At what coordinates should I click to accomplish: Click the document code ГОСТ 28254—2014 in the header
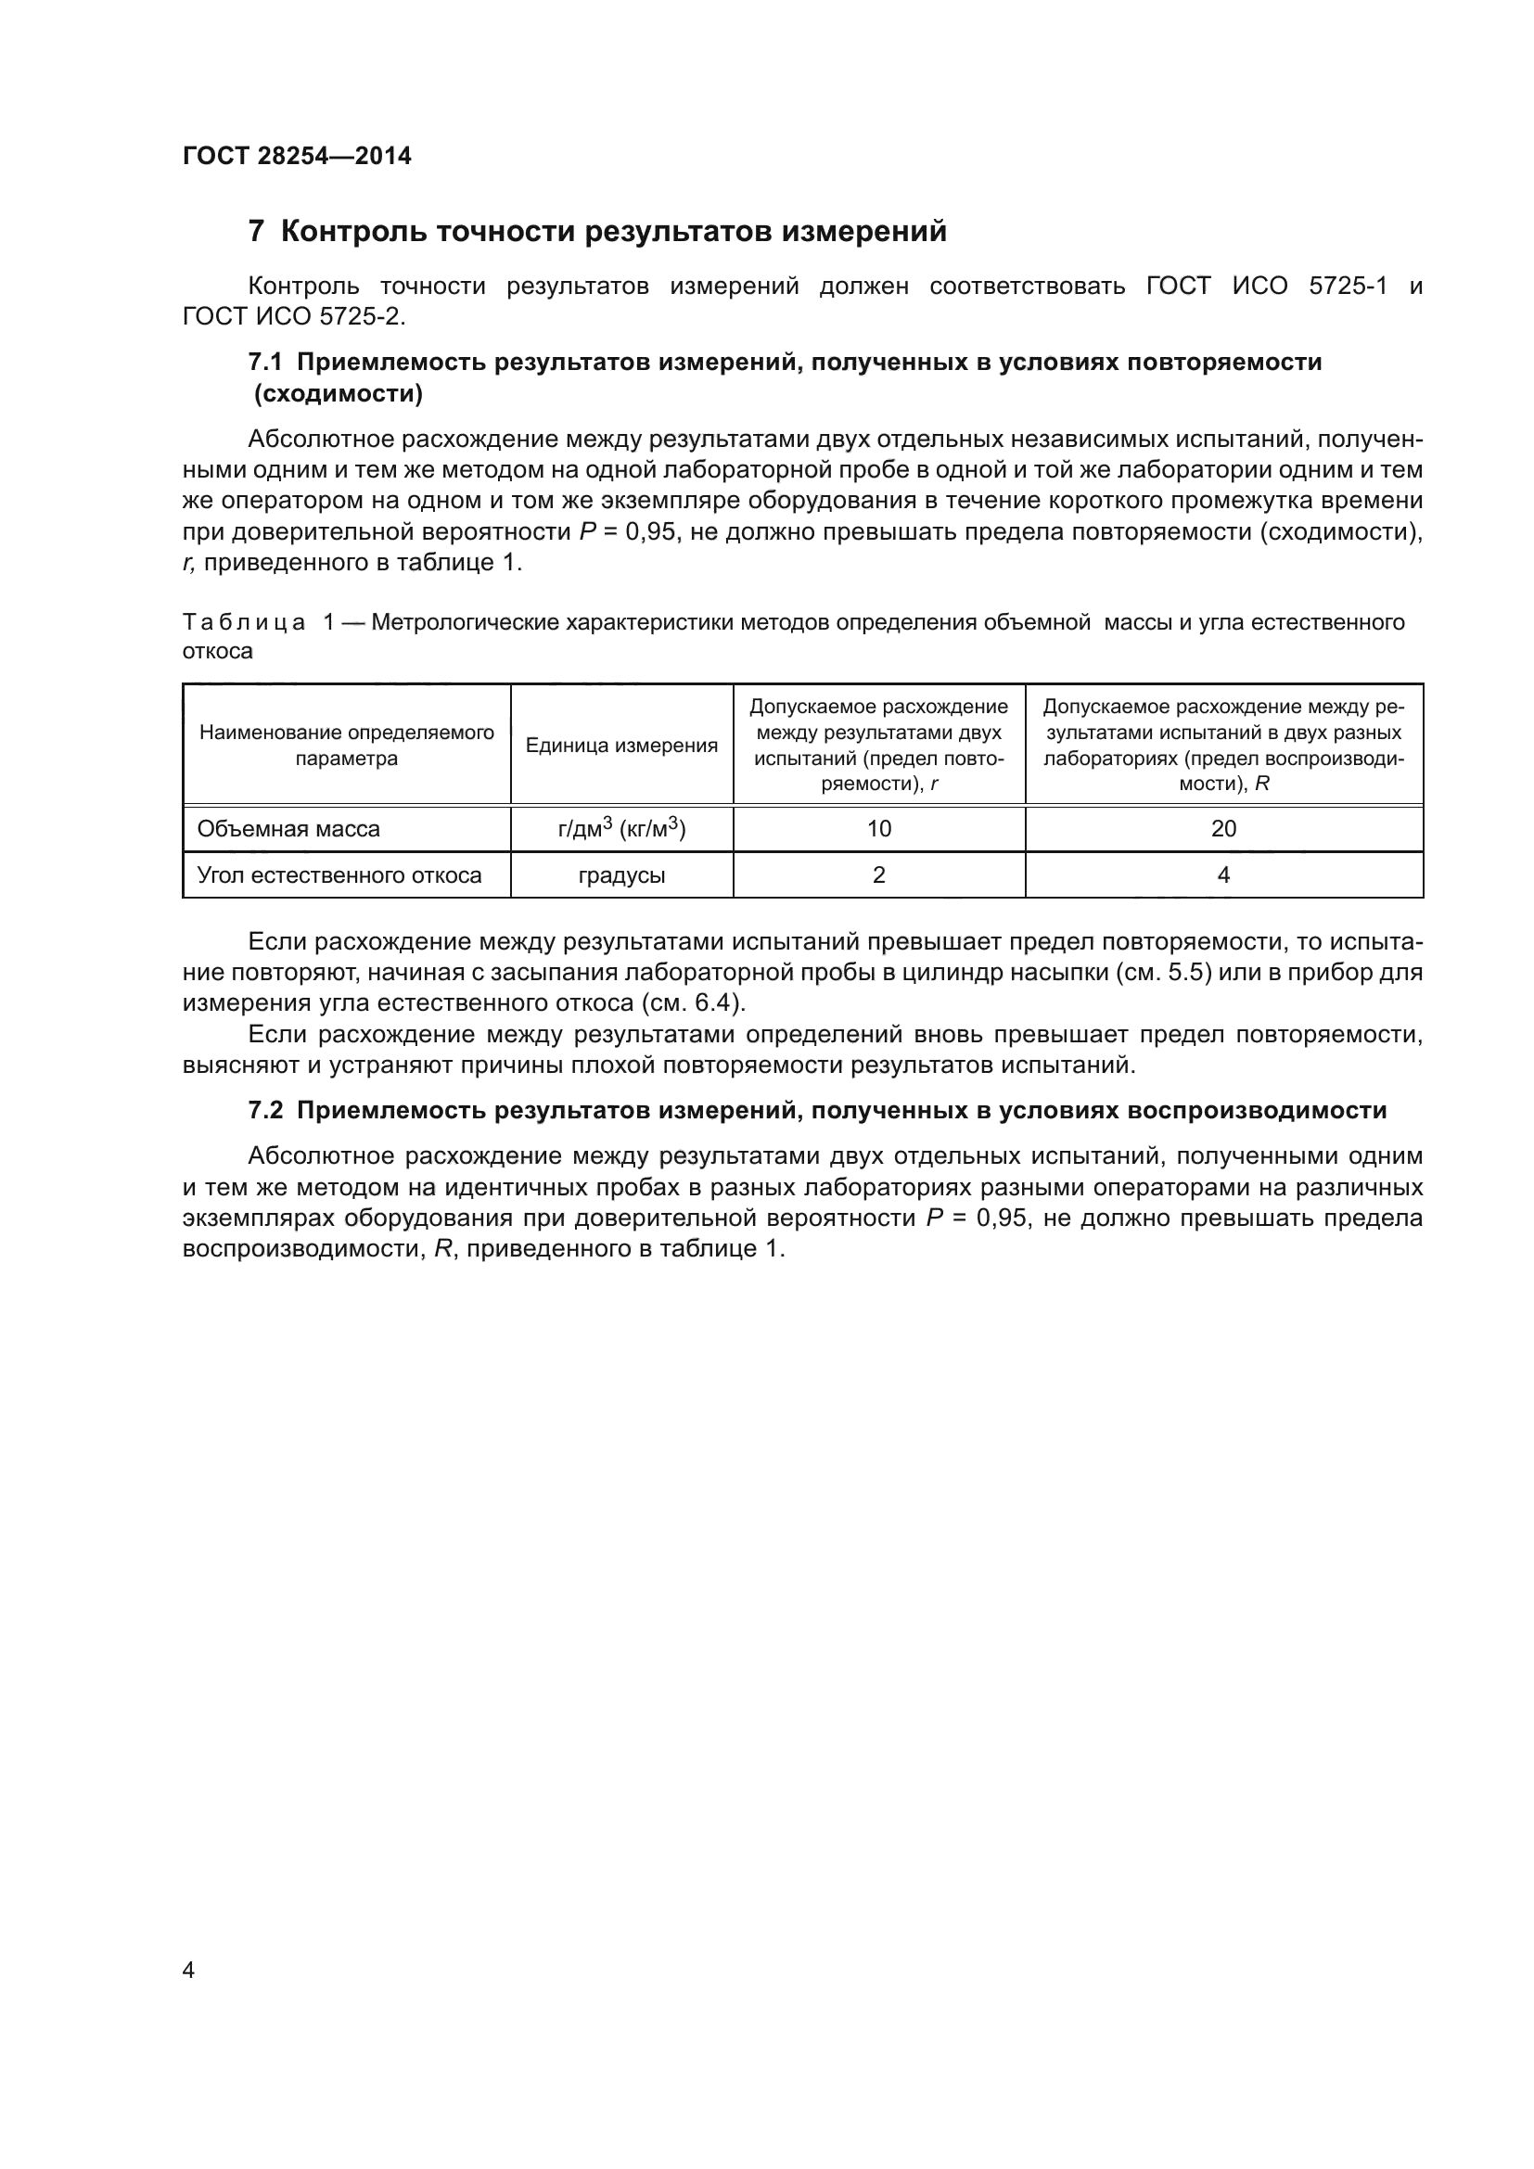pos(297,157)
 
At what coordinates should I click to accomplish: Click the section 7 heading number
pos(255,232)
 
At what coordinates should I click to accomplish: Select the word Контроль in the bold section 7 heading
pos(350,232)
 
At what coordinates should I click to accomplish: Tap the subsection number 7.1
pos(265,363)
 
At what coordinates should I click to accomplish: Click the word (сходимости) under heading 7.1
pos(339,395)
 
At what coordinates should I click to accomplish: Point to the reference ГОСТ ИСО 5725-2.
pos(293,317)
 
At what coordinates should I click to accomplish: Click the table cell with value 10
pos(878,829)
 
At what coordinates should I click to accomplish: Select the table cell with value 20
pos(1223,829)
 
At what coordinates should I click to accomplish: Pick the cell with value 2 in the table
pos(878,875)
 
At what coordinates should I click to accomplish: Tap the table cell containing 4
pos(1223,875)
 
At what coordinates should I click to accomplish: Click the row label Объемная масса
pos(288,829)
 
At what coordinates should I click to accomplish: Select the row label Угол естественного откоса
pos(339,875)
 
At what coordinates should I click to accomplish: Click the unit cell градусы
pos(621,875)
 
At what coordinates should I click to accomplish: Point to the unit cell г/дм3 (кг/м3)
pos(621,829)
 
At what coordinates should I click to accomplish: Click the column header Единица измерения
pos(621,746)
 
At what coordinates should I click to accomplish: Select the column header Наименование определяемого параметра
pos(347,746)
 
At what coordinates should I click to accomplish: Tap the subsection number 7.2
pos(265,1111)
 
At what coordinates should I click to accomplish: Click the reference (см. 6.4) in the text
pos(694,1003)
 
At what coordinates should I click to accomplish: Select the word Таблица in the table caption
pos(244,623)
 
